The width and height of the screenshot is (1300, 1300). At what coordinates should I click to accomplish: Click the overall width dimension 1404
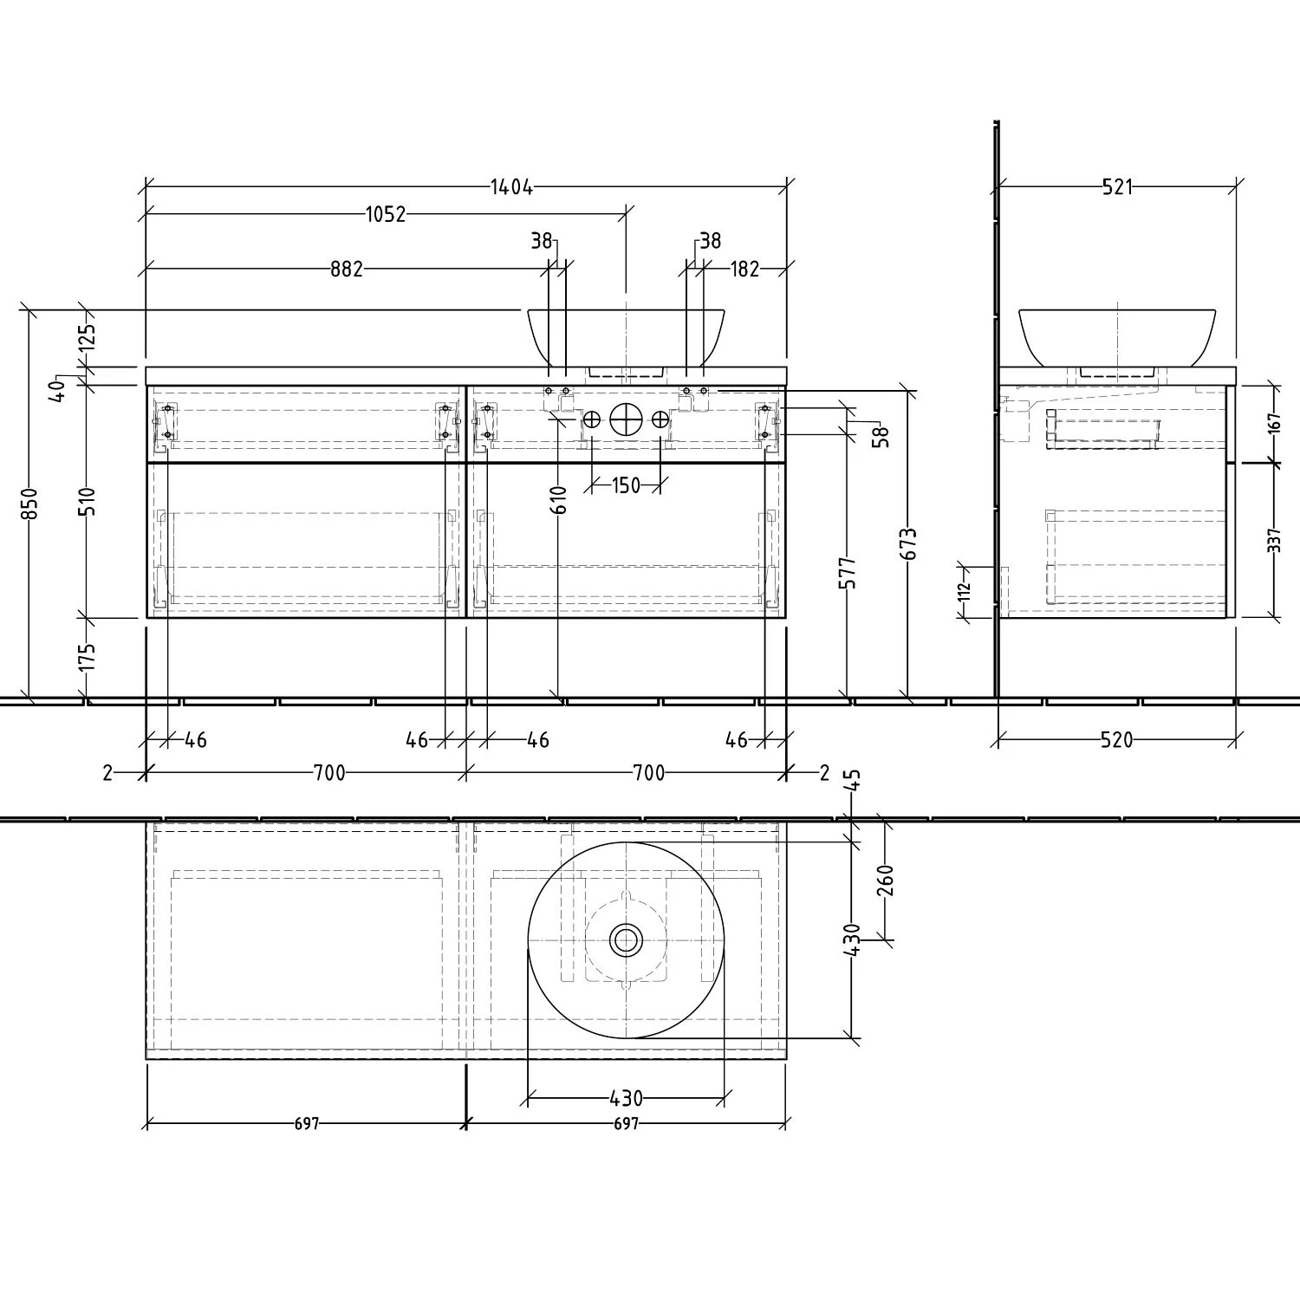click(510, 186)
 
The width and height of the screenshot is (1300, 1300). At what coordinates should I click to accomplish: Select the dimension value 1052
click(385, 214)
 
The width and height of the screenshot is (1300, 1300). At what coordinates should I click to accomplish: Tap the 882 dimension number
click(346, 270)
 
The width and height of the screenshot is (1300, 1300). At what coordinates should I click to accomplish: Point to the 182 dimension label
click(744, 270)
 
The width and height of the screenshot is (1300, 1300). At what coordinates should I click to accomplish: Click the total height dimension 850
click(29, 504)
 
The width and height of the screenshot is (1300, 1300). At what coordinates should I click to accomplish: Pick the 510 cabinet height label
click(86, 501)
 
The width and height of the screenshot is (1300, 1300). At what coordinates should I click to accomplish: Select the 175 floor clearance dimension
click(86, 657)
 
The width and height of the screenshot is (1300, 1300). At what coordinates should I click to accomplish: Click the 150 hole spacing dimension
click(626, 485)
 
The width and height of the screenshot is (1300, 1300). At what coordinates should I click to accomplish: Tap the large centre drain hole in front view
click(626, 420)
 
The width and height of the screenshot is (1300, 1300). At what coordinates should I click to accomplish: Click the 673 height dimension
click(908, 544)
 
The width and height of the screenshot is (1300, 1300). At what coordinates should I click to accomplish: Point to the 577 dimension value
click(848, 572)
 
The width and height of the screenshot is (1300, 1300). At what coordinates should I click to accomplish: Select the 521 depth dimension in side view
click(1117, 186)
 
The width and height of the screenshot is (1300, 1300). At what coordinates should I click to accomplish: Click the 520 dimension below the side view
click(1116, 740)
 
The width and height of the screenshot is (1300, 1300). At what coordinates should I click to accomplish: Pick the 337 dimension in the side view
click(1273, 540)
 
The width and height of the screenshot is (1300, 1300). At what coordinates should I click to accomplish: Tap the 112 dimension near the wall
click(965, 591)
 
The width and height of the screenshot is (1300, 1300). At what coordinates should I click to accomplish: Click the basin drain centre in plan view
click(626, 939)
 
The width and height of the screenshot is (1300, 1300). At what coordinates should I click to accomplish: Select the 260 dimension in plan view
click(885, 881)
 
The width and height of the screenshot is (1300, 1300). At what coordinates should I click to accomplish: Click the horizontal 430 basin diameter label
click(626, 1099)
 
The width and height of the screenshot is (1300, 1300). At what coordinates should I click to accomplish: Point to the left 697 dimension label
click(307, 1124)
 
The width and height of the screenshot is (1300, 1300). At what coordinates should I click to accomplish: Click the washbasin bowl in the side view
click(1116, 335)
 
